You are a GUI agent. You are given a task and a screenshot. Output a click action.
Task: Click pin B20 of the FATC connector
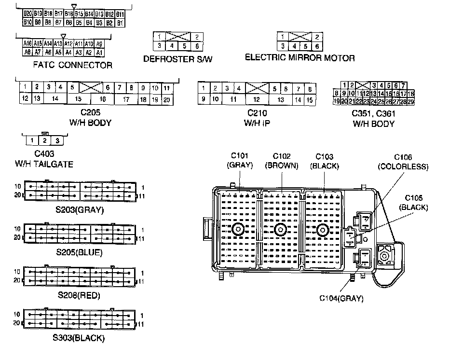(27, 14)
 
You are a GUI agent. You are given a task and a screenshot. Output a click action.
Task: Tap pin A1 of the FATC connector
(99, 52)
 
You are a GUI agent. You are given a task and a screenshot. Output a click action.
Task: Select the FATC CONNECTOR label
(73, 65)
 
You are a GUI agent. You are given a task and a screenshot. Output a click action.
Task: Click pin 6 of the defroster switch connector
(197, 46)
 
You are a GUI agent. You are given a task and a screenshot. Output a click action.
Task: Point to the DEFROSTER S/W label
(178, 59)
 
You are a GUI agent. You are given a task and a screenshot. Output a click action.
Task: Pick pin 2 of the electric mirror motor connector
(316, 37)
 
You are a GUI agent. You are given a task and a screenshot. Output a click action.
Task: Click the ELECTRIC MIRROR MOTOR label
(300, 58)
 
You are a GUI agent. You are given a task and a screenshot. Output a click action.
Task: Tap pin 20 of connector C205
(167, 99)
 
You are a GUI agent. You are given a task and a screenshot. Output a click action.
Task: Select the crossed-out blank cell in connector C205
(90, 88)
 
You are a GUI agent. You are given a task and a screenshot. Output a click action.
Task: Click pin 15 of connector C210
(310, 99)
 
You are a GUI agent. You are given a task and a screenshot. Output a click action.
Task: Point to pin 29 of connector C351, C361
(411, 101)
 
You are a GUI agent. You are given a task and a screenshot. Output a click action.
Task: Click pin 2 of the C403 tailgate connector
(44, 141)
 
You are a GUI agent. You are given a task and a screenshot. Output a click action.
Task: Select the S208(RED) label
(79, 295)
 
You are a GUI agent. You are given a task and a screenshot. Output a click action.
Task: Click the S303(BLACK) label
(79, 337)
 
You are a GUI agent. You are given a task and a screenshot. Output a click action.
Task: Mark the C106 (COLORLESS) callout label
(403, 162)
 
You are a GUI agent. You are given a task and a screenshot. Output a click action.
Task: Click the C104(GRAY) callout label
(341, 298)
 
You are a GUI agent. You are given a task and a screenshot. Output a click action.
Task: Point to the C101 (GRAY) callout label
(240, 161)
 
